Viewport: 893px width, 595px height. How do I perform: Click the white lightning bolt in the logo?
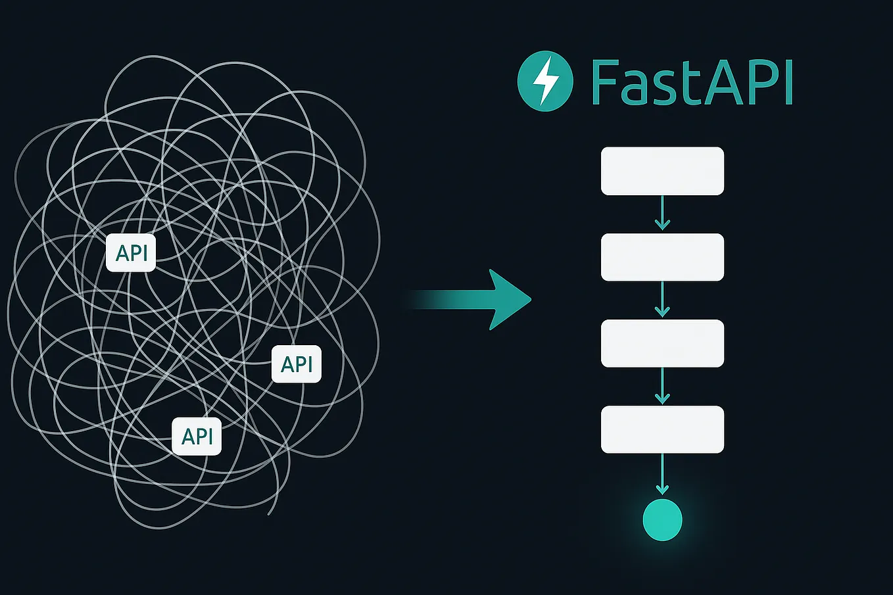(x=545, y=82)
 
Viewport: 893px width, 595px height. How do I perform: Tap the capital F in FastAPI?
(x=602, y=83)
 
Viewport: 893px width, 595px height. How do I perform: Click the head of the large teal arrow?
(x=510, y=299)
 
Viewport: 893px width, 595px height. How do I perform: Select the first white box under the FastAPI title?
(x=662, y=171)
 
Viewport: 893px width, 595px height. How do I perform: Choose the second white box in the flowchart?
(x=662, y=257)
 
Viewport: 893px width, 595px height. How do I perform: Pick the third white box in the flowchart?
(x=662, y=343)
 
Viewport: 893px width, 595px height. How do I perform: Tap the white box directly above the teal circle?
(x=662, y=429)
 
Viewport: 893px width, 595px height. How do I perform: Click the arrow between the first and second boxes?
(x=662, y=214)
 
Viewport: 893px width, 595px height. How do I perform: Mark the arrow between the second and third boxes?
(x=662, y=300)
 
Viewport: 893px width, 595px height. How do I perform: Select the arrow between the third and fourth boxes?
(x=662, y=386)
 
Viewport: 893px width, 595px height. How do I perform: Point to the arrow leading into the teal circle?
(x=662, y=475)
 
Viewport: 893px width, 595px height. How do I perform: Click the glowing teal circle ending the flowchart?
(x=662, y=519)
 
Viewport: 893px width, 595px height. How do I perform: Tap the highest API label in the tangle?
(x=131, y=252)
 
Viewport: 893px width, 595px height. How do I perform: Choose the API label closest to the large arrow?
(x=297, y=364)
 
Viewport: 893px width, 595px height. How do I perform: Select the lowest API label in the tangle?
(x=197, y=436)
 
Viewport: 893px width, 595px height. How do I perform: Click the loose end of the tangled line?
(x=269, y=513)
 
